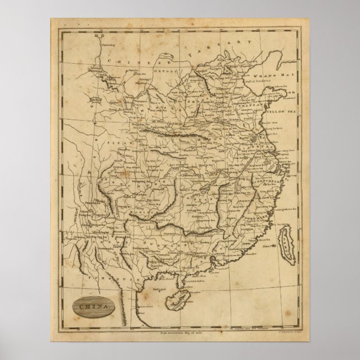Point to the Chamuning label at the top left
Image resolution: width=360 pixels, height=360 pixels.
[x=104, y=43]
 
